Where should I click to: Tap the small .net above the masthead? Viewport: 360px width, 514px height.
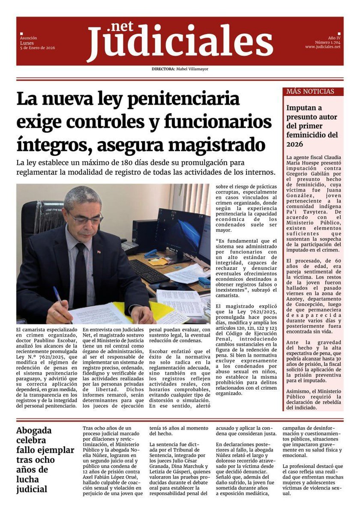121,27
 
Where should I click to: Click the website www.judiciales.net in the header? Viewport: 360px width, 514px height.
323,47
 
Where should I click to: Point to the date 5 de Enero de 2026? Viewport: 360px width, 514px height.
38,48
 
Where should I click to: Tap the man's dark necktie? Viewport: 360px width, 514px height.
80,274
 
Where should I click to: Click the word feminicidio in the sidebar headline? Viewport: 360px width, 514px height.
312,135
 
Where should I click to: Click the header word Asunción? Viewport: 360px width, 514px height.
29,38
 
